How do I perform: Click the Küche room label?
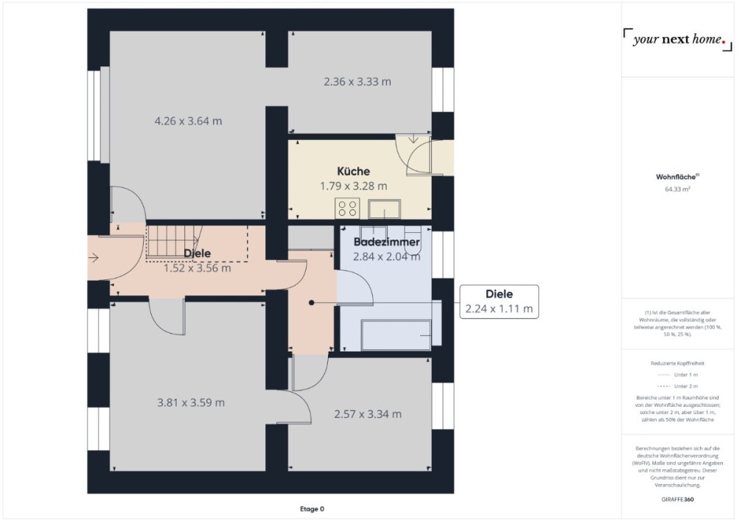[354, 172]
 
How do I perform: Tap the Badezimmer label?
[386, 242]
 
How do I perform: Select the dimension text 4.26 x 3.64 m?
[188, 121]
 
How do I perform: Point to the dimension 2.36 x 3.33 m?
[357, 82]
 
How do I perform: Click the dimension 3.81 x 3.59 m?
[191, 402]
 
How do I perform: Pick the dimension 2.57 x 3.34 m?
[368, 414]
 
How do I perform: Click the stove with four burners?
[347, 209]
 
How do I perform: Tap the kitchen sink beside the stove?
[385, 209]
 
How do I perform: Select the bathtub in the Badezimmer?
[397, 335]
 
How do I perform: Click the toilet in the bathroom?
[413, 240]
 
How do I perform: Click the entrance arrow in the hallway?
[94, 257]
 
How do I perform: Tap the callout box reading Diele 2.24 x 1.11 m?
[499, 301]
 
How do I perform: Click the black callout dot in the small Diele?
[312, 303]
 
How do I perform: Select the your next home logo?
[677, 40]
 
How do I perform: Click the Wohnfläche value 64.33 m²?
[677, 189]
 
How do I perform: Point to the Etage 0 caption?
[312, 508]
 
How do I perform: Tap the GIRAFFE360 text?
[677, 500]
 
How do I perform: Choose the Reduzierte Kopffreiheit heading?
[677, 363]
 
